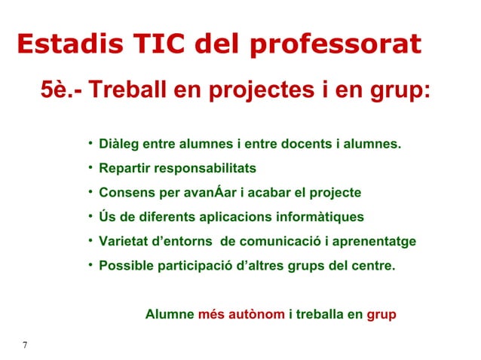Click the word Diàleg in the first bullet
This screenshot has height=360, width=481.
click(119, 143)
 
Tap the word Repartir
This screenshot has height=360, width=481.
click(126, 167)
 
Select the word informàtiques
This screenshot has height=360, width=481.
click(320, 217)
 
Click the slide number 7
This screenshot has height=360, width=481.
click(25, 346)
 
